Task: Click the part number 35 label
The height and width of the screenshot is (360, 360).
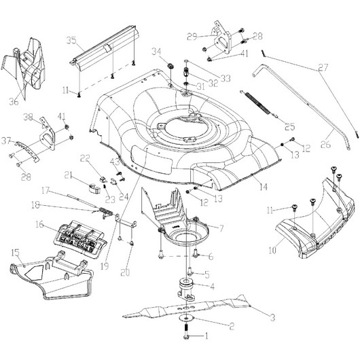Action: [71, 40]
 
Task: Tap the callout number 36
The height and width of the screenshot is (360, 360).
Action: [14, 101]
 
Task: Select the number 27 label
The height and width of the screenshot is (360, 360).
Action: [323, 67]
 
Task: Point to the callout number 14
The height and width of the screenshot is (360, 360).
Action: [264, 187]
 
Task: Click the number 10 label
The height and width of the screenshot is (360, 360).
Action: [272, 250]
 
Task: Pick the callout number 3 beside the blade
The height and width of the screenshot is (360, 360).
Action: [272, 318]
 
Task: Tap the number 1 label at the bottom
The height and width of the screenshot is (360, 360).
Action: [206, 336]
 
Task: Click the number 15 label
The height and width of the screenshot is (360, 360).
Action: [15, 253]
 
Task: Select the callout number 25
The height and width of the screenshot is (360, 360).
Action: [290, 126]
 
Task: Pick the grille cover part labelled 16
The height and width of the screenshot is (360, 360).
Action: [80, 239]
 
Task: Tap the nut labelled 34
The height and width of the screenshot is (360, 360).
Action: [171, 67]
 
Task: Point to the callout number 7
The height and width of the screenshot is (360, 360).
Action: [221, 228]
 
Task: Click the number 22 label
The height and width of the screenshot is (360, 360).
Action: [85, 158]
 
